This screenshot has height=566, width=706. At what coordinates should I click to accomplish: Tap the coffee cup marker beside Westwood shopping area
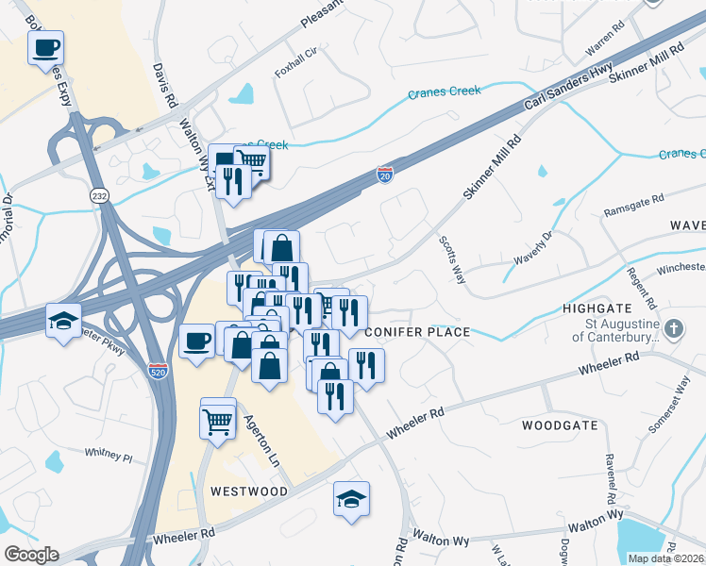click(196, 341)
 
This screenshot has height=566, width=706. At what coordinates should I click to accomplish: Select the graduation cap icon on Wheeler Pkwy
click(63, 321)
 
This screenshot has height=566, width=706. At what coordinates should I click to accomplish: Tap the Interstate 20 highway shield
click(384, 175)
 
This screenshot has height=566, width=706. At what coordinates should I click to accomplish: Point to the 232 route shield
click(99, 194)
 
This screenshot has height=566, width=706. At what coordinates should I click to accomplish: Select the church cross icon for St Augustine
click(672, 329)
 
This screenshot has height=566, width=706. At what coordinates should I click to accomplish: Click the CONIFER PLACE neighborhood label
click(416, 332)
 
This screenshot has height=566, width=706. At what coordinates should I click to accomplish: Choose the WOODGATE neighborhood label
click(560, 425)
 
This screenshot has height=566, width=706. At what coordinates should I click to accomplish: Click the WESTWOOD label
click(249, 491)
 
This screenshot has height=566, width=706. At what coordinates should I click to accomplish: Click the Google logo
click(32, 555)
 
